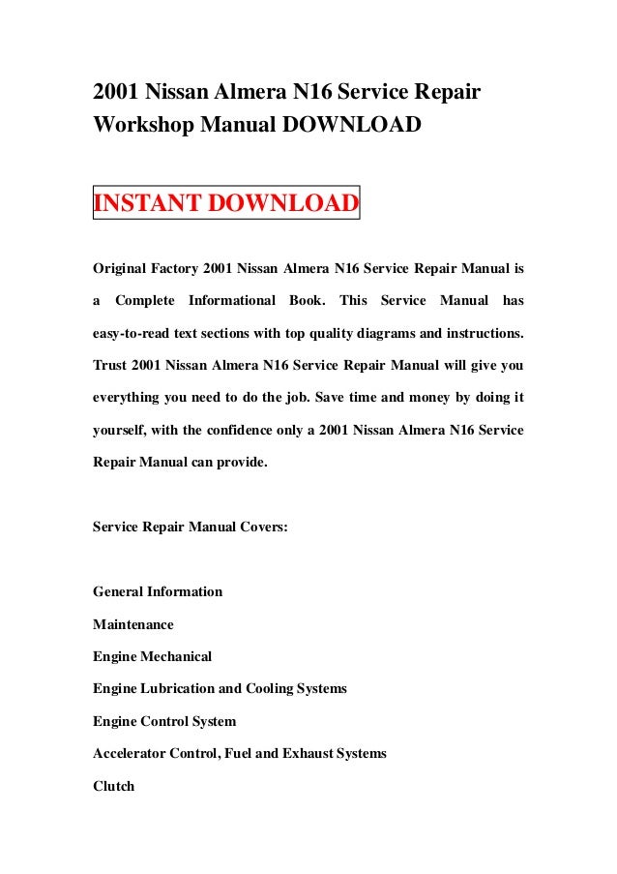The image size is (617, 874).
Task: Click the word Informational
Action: click(x=232, y=300)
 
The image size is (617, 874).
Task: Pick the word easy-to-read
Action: click(x=132, y=333)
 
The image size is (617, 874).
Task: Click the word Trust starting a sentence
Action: click(x=109, y=367)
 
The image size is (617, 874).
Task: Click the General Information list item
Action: click(x=158, y=591)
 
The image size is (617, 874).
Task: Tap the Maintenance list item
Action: click(x=133, y=624)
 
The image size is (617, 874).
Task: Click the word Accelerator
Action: click(x=131, y=753)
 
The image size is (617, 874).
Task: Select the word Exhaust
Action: click(x=304, y=753)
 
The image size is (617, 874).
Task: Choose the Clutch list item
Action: click(x=113, y=786)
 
